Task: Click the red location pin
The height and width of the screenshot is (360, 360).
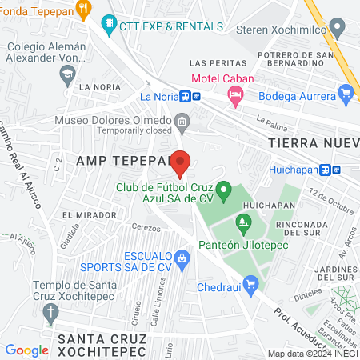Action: click(182, 162)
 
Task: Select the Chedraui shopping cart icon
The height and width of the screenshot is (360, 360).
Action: click(250, 283)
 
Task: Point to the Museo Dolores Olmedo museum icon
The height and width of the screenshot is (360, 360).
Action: click(182, 122)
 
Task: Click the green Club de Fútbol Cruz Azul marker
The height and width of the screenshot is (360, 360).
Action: click(225, 192)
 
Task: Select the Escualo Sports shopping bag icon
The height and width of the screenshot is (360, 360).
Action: click(182, 258)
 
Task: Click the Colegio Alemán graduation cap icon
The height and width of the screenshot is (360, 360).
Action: click(67, 74)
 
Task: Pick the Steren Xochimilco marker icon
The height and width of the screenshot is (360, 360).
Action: click(339, 29)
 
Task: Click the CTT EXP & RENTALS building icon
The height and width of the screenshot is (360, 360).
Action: click(109, 26)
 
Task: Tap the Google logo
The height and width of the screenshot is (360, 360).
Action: click(26, 350)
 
